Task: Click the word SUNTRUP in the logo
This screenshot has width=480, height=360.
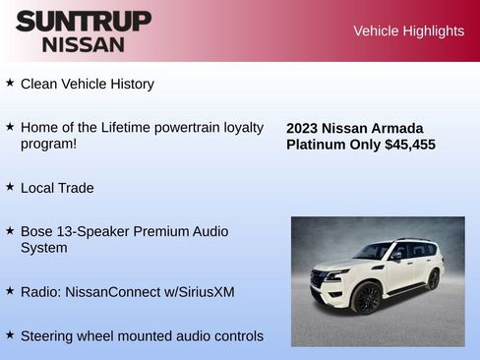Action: [84, 21]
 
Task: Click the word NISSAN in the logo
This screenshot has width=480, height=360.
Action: [84, 44]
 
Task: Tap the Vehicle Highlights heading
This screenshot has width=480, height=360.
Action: [408, 31]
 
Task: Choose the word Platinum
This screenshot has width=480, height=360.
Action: [318, 145]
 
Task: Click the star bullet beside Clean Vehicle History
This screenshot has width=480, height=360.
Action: [10, 83]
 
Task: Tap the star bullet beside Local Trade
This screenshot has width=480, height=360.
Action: [10, 186]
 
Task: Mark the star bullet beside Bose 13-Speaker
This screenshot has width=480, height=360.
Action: [10, 230]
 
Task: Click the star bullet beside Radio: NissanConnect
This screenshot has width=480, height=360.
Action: [10, 291]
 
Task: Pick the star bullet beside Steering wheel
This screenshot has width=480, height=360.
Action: [10, 334]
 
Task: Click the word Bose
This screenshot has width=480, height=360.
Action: [37, 231]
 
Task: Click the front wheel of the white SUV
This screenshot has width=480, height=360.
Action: [366, 297]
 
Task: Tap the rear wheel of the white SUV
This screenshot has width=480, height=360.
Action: [433, 279]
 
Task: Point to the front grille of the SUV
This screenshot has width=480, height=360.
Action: [320, 281]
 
